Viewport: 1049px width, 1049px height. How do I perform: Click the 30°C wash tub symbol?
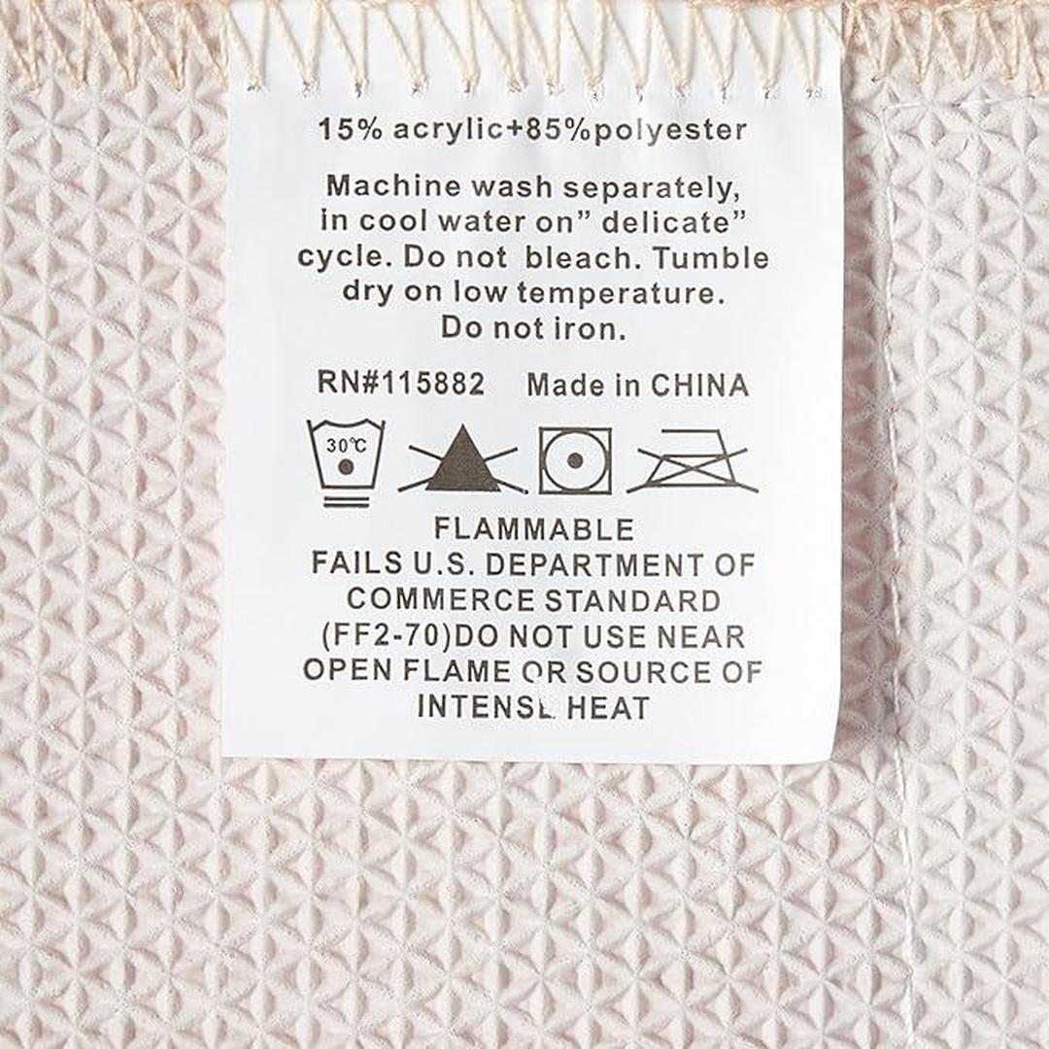tap(345, 463)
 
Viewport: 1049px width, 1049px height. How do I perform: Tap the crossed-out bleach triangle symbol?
tap(462, 459)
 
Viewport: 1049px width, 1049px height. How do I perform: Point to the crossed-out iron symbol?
tap(693, 460)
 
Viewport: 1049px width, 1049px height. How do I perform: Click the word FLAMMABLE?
tap(533, 529)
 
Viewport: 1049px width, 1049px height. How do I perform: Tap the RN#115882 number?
tap(400, 384)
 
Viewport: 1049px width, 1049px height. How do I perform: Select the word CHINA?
tap(699, 386)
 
